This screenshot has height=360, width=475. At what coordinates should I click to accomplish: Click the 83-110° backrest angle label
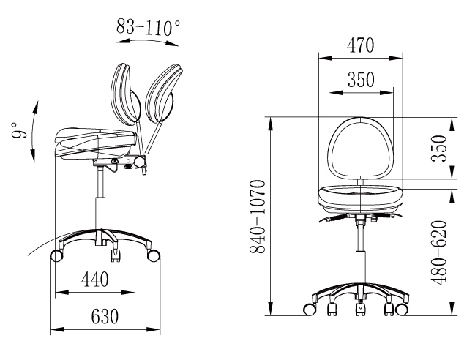tap(148, 27)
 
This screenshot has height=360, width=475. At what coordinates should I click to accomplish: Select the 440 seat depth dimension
tap(95, 280)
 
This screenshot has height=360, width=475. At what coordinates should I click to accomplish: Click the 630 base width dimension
tap(105, 316)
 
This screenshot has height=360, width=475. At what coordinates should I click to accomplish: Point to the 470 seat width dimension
tap(361, 45)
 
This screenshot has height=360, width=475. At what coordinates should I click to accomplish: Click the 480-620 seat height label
tap(439, 253)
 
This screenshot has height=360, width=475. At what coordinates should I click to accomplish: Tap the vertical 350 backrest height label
tap(439, 149)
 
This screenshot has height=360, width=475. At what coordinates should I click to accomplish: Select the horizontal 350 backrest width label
tap(361, 80)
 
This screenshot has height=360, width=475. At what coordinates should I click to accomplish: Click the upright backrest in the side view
tap(125, 95)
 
